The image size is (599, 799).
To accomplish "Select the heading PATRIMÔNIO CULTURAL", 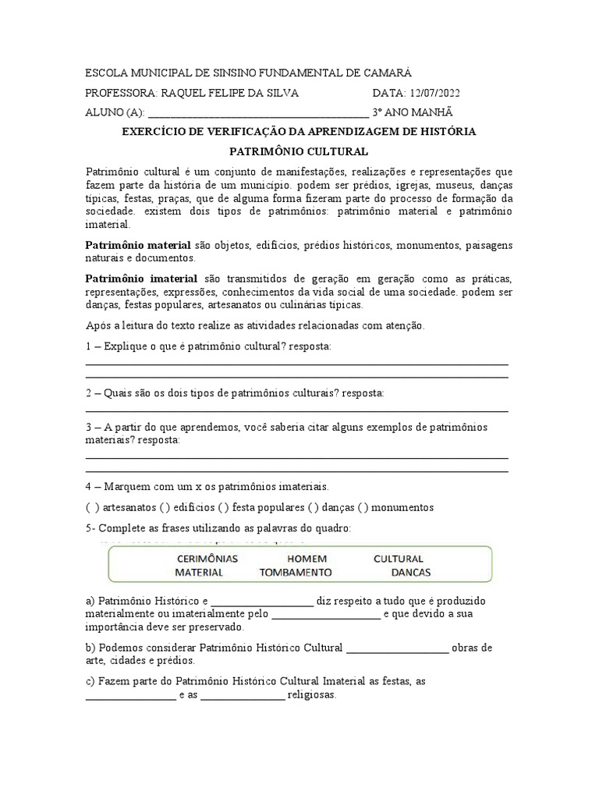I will point(299,151).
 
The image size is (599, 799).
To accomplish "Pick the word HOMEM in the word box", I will point(307,559).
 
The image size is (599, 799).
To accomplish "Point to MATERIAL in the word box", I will point(199,572).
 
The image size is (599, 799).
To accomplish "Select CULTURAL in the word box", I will point(398,559).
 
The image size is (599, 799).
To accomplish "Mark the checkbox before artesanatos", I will point(90,507).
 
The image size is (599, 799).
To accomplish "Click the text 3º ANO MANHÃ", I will point(413,112).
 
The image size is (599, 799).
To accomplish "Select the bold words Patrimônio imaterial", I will point(142,279).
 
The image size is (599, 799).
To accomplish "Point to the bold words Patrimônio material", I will point(137,245).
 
